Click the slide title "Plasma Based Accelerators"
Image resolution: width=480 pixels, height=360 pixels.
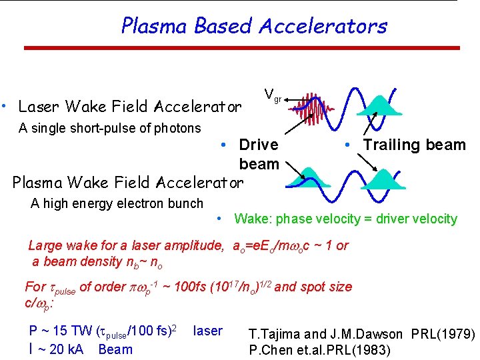pyautogui.click(x=254, y=26)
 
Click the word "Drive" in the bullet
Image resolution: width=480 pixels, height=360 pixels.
pyautogui.click(x=259, y=145)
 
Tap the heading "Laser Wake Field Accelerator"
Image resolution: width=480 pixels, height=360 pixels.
pyautogui.click(x=130, y=107)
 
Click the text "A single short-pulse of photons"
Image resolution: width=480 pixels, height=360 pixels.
pyautogui.click(x=110, y=128)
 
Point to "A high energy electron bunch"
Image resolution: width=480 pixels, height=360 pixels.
pyautogui.click(x=117, y=203)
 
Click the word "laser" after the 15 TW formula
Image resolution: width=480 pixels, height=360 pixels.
pyautogui.click(x=207, y=331)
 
